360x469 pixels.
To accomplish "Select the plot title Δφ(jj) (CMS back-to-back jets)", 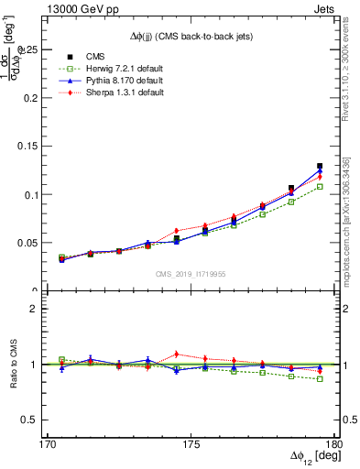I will (191, 35).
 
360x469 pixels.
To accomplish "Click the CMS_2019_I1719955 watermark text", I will (191, 273).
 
